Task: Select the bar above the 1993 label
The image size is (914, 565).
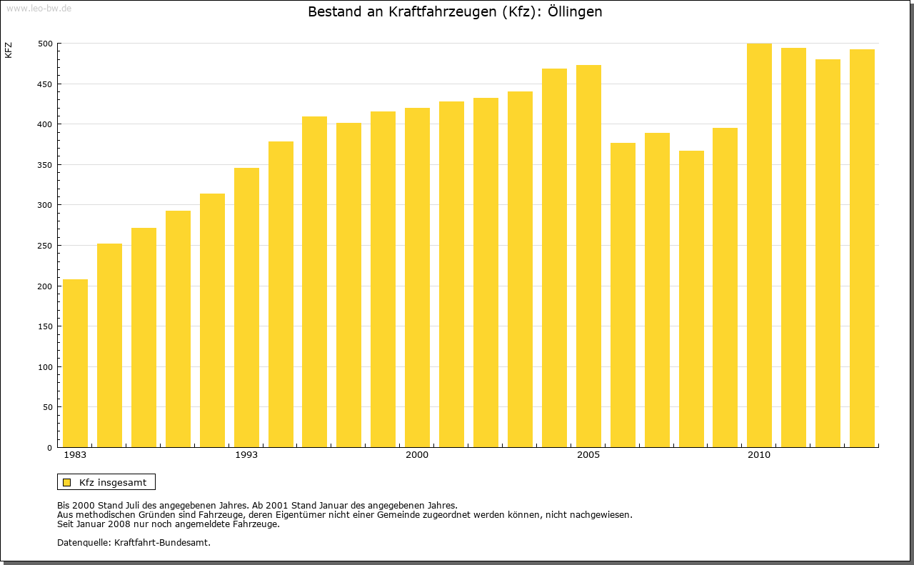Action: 246,307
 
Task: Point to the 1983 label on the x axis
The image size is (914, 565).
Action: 75,455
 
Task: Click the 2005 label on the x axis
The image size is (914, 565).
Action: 588,455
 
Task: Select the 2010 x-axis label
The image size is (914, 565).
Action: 759,455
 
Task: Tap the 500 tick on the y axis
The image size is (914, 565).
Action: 44,44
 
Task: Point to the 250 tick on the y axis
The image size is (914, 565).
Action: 44,246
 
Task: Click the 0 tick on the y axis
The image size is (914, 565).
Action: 49,448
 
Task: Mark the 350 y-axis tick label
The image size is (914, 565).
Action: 44,165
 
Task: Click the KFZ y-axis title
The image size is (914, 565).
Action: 9,50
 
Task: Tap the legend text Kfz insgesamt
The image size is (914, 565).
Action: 113,483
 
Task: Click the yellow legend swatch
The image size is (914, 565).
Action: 66,483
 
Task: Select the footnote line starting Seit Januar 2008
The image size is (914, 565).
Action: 168,524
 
